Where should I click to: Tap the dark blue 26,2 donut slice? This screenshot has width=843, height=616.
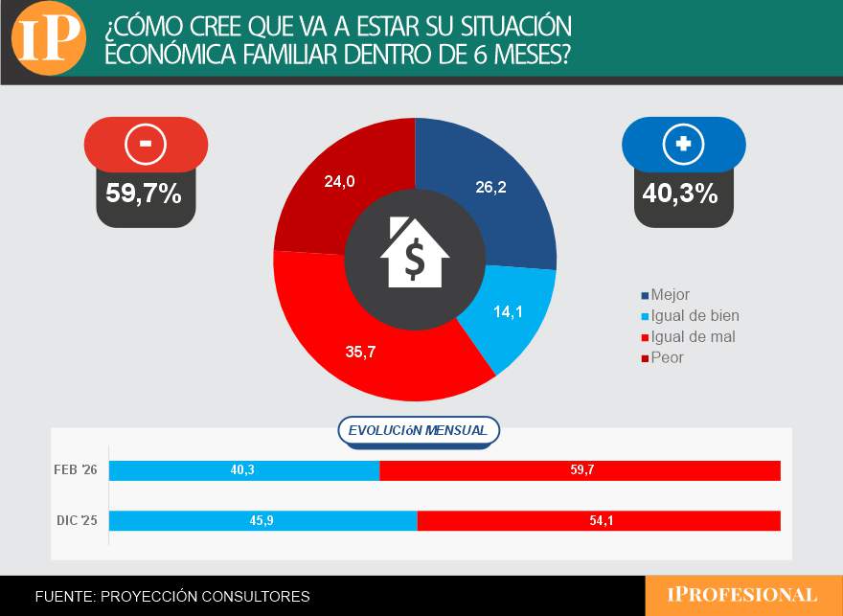coord(498,192)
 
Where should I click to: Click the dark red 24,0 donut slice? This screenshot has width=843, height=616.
coord(330,187)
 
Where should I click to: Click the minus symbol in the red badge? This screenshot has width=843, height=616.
coord(146,144)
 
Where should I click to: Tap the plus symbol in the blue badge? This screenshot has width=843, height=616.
coord(683,144)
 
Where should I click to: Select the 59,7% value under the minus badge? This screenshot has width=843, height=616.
coord(144,194)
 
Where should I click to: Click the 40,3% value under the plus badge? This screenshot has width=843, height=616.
coord(680,194)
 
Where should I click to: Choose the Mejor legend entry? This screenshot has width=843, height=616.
coord(670,295)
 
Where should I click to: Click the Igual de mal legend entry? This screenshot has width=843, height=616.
coord(693,337)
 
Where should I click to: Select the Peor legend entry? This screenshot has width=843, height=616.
coord(667,358)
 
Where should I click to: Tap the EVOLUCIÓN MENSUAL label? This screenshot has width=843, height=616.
coord(418,431)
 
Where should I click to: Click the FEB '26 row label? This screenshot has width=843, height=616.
coord(77,470)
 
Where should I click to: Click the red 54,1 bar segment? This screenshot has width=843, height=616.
coord(599,520)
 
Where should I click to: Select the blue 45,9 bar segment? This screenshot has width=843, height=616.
coord(263,520)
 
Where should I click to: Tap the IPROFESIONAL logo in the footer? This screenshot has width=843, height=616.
coord(742,595)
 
